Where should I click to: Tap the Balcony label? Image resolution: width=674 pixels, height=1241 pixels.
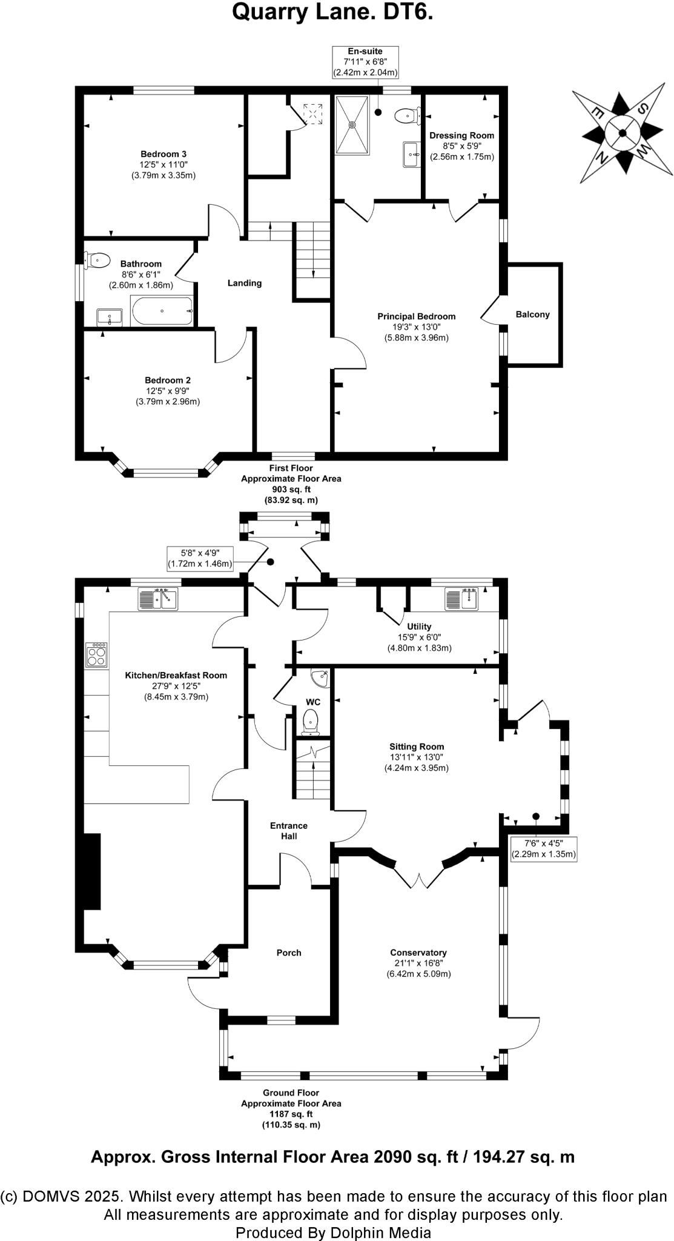pyautogui.click(x=532, y=314)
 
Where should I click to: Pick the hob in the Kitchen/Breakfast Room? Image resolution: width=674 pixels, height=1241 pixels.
pyautogui.click(x=97, y=654)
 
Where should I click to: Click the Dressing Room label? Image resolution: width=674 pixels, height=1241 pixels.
pyautogui.click(x=461, y=136)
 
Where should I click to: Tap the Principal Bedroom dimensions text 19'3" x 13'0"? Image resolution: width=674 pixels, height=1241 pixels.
pyautogui.click(x=417, y=327)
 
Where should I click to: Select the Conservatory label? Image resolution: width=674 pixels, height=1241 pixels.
pyautogui.click(x=418, y=953)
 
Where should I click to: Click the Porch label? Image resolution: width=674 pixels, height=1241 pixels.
pyautogui.click(x=289, y=953)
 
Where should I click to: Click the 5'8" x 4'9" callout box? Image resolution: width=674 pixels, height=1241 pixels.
pyautogui.click(x=200, y=558)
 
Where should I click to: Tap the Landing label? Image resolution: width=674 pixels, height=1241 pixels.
pyautogui.click(x=245, y=283)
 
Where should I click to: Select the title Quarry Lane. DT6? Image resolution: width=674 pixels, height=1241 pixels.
pyautogui.click(x=332, y=13)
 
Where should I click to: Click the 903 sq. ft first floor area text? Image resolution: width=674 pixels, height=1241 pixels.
pyautogui.click(x=291, y=489)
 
